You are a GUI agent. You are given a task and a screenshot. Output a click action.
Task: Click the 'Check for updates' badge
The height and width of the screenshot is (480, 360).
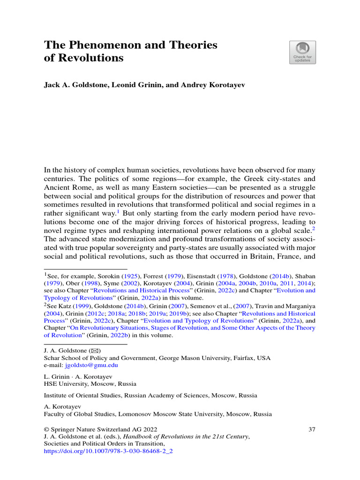click(x=302, y=52)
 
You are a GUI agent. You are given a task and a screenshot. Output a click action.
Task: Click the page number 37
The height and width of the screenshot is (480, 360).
click(x=312, y=429)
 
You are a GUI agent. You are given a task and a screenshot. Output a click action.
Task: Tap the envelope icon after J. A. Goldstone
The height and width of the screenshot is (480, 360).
click(x=95, y=351)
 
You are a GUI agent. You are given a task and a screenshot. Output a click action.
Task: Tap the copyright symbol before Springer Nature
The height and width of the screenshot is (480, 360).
click(x=46, y=429)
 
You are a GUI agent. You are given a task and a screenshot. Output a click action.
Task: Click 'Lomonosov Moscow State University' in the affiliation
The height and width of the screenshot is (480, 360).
click(x=172, y=414)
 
